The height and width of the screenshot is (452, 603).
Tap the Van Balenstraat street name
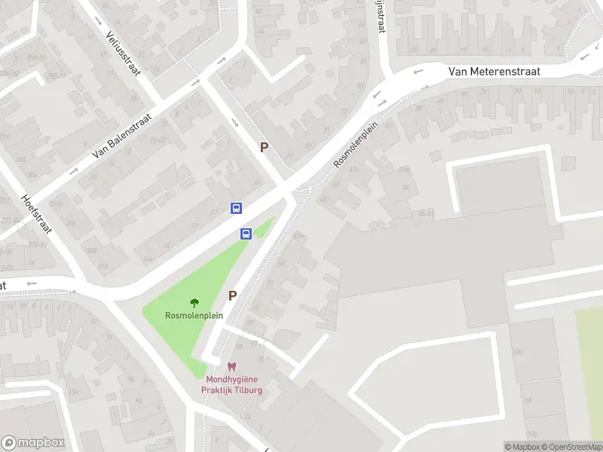(x=121, y=136)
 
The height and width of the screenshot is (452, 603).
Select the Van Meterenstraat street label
(x=494, y=71)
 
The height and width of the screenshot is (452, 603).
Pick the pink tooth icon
(x=231, y=367)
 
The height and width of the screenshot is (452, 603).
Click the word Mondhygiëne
(x=231, y=379)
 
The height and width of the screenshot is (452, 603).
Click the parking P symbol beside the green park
(x=233, y=296)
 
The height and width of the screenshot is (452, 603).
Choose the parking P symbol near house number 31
(x=264, y=148)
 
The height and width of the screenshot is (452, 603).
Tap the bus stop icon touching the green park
(x=246, y=234)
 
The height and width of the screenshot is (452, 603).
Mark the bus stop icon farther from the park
(x=236, y=208)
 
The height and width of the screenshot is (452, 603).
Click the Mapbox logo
(x=33, y=443)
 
